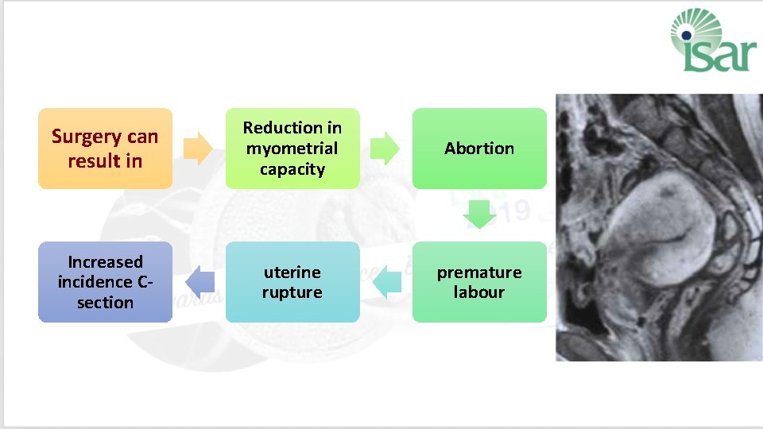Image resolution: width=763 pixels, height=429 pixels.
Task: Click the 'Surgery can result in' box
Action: click(x=105, y=149)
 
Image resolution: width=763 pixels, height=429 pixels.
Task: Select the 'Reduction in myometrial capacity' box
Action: click(x=292, y=149)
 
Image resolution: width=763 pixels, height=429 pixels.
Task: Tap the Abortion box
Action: click(x=479, y=149)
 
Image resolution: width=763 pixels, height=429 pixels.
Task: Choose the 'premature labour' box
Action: click(x=479, y=282)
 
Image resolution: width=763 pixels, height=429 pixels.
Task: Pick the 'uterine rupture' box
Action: click(x=292, y=282)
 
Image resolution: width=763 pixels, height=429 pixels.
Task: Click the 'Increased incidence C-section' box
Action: click(x=105, y=282)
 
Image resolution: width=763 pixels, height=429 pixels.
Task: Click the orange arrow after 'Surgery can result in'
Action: click(x=198, y=149)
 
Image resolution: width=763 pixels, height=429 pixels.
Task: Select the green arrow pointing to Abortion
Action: click(x=385, y=149)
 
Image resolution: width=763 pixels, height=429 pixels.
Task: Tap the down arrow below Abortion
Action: click(x=479, y=214)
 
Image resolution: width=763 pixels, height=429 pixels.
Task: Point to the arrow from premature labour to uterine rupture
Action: click(x=387, y=282)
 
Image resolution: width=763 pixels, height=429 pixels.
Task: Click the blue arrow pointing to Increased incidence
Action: click(x=199, y=282)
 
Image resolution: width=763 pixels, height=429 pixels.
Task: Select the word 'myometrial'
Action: click(x=292, y=149)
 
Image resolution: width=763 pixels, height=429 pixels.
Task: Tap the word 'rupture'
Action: click(x=292, y=292)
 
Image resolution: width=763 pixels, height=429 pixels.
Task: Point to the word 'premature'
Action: click(x=479, y=272)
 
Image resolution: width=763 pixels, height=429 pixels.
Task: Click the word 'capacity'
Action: click(x=292, y=168)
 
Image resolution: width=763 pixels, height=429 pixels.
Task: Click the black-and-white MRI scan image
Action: click(x=658, y=227)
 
